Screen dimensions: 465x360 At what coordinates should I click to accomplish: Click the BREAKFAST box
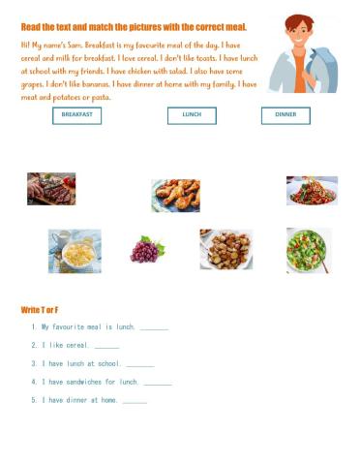point(76,115)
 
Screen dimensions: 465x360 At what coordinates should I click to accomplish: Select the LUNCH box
point(192,115)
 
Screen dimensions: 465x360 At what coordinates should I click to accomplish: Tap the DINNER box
point(285,115)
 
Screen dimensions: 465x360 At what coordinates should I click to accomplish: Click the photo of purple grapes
point(145,251)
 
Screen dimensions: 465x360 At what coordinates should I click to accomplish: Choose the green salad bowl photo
point(309,249)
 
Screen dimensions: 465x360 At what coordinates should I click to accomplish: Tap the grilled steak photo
point(51,188)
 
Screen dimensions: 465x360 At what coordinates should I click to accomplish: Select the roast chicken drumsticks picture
point(175,195)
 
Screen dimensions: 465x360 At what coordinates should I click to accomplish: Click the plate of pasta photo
point(312,191)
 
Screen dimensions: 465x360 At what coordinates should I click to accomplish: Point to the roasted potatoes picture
point(225,249)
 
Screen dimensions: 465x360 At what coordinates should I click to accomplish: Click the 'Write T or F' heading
point(46,309)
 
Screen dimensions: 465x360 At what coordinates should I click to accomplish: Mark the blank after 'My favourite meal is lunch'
point(154,328)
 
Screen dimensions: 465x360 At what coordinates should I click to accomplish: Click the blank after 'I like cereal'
point(107,346)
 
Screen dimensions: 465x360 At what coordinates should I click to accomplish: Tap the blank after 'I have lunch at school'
point(140,364)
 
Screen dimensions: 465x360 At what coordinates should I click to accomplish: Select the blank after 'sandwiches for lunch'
point(158,382)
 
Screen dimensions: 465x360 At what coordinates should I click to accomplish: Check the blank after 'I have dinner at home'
point(135,400)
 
